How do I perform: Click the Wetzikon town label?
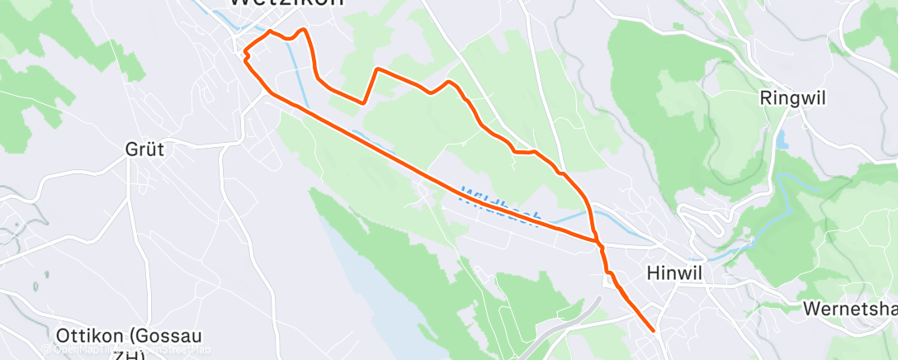click(286, 3)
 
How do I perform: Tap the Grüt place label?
click(144, 149)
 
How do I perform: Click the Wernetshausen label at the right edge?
click(850, 309)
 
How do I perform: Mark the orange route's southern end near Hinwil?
click(654, 330)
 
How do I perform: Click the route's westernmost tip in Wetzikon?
click(245, 54)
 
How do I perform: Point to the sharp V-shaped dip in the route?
click(364, 102)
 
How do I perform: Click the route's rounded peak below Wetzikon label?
click(304, 30)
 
